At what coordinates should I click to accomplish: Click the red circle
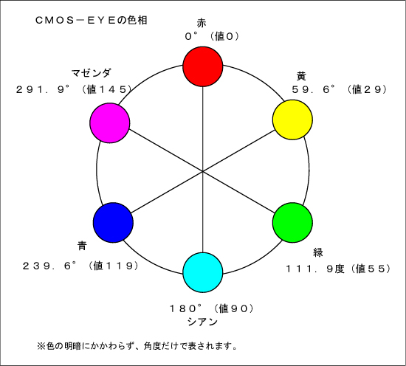(x=203, y=66)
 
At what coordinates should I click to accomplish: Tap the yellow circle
(x=292, y=120)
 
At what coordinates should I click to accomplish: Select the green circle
(x=292, y=223)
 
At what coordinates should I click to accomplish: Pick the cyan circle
(x=203, y=272)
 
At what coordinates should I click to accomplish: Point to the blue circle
(x=113, y=223)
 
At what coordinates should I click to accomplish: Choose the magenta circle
(x=110, y=122)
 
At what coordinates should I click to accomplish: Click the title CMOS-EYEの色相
(x=91, y=20)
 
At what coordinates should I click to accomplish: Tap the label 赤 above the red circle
(x=202, y=23)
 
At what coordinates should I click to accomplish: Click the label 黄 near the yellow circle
(x=301, y=76)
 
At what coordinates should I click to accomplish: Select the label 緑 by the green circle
(x=318, y=252)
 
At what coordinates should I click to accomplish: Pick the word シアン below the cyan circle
(x=202, y=322)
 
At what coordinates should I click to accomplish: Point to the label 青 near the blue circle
(x=82, y=246)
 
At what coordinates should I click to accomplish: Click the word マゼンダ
(x=91, y=73)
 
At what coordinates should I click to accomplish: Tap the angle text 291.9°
(x=43, y=89)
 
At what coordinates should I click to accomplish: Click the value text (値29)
(x=367, y=89)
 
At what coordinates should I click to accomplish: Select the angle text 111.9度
(x=315, y=269)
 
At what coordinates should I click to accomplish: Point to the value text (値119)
(x=113, y=266)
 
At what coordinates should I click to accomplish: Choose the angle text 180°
(x=185, y=308)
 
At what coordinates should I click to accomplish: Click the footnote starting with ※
(x=137, y=346)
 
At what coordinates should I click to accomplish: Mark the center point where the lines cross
(x=203, y=171)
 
